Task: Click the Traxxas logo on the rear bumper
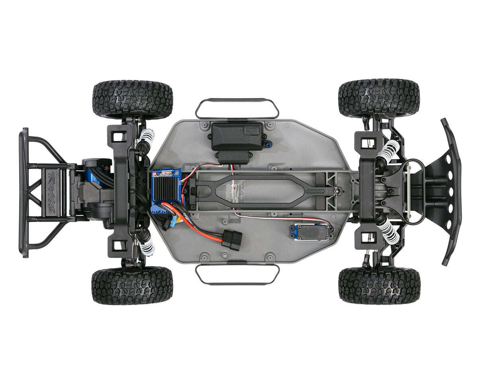(x=51, y=191)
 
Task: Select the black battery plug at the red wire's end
(x=232, y=240)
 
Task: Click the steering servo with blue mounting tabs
(x=311, y=232)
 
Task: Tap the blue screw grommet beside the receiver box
(x=269, y=144)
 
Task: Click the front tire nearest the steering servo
(x=379, y=285)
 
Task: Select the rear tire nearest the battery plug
(x=132, y=285)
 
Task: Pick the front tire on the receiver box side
(x=379, y=98)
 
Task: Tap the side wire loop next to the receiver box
(x=237, y=108)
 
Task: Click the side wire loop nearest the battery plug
(x=237, y=275)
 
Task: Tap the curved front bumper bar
(x=453, y=191)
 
